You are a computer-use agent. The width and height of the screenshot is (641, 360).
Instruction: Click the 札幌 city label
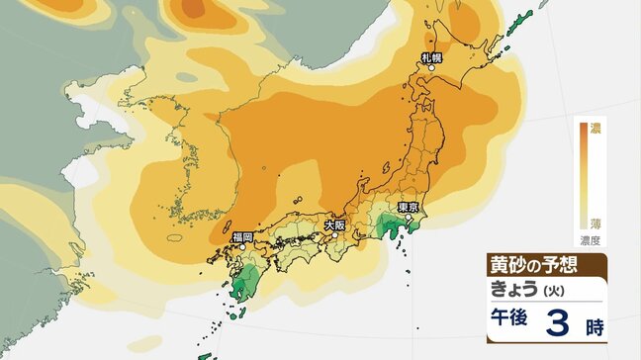tap(431, 59)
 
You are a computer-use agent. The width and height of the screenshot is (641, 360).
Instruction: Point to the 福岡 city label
tap(242, 237)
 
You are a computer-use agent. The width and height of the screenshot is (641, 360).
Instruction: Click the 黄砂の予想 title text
tap(533, 265)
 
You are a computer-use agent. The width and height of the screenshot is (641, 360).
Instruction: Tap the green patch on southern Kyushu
tap(239, 286)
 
